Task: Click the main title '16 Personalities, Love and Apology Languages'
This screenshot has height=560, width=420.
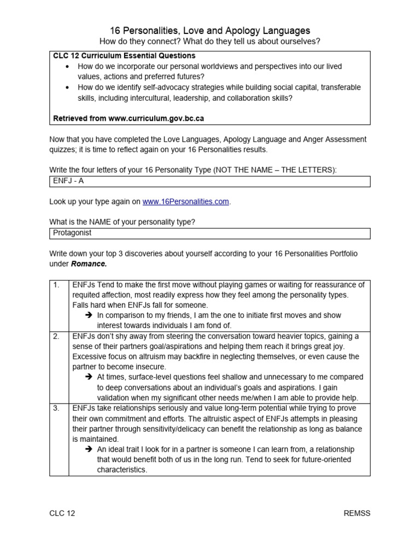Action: point(210,31)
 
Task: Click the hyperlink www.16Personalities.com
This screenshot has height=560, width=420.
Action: point(185,202)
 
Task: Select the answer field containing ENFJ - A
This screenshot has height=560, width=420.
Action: point(209,182)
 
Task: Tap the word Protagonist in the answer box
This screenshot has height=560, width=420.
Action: point(72,233)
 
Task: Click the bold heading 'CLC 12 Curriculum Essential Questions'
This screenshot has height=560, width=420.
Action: point(124,56)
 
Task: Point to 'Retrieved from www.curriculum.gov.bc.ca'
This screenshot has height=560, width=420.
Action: point(129,118)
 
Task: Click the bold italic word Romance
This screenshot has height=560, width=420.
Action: point(89,264)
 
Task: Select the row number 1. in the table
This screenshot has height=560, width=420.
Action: point(56,285)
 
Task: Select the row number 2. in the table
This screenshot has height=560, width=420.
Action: point(56,336)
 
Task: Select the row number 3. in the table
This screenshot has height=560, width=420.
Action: point(56,409)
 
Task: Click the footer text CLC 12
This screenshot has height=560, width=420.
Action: point(62,513)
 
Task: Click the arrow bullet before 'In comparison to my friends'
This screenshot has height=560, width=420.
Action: point(88,316)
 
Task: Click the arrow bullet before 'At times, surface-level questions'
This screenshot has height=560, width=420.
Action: point(88,377)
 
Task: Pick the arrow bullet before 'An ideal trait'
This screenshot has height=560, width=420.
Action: point(88,450)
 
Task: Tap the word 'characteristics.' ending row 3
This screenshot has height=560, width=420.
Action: point(122,470)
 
